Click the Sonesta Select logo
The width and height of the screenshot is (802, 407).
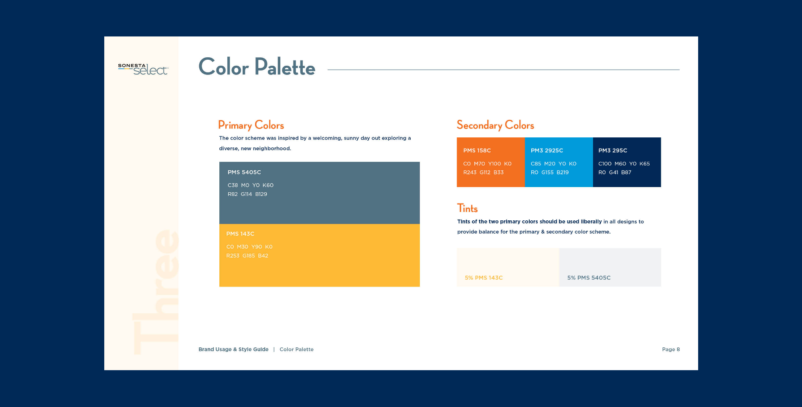143,69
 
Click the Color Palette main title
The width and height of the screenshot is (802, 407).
257,66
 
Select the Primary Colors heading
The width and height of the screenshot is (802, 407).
251,125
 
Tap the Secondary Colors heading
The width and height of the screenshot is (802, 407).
495,125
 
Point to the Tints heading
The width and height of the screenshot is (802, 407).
468,208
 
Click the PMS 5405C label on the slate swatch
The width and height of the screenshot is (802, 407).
244,172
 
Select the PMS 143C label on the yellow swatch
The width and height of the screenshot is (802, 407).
240,234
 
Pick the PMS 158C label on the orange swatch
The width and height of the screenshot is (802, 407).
477,151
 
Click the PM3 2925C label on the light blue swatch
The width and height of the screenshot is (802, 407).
547,151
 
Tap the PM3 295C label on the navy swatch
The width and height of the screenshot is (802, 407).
613,151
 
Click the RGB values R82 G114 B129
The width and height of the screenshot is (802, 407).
247,194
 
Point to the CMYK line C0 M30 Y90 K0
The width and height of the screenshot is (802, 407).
249,247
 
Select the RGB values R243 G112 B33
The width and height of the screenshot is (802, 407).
484,173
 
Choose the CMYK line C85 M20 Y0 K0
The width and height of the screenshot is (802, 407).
554,164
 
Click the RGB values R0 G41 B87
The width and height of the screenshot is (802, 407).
615,173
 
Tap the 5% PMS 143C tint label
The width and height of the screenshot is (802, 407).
484,278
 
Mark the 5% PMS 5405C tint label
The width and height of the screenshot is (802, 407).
589,278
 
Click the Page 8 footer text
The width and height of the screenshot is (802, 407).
671,349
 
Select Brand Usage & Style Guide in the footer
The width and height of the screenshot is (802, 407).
233,349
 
